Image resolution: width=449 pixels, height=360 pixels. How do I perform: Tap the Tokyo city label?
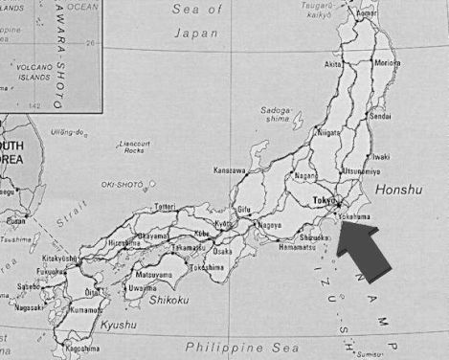click(323, 201)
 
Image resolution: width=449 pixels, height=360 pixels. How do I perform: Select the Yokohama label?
click(352, 217)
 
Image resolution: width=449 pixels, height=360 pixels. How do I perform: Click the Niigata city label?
click(328, 134)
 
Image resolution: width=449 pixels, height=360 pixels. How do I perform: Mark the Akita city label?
click(333, 64)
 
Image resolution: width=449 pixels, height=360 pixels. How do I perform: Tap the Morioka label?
click(387, 63)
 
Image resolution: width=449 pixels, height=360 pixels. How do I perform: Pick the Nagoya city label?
click(270, 225)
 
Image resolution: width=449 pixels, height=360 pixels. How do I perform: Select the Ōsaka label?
click(222, 251)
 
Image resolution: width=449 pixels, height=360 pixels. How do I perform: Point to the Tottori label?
click(165, 207)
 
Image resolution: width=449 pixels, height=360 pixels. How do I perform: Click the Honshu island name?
click(397, 191)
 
